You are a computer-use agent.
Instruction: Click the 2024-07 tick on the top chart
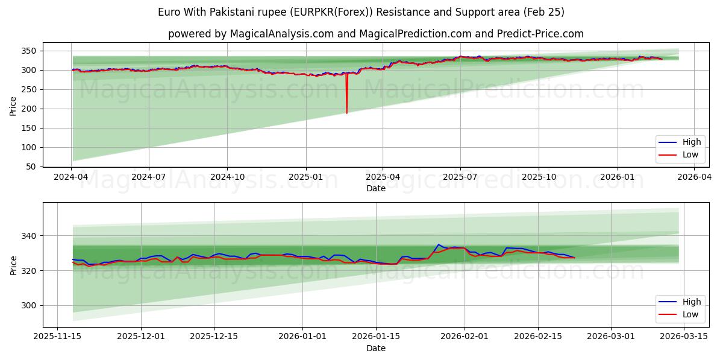click(x=149, y=177)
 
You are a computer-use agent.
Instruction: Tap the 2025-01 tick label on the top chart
click(x=305, y=177)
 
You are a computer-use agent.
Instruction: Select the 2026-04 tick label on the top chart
click(x=695, y=177)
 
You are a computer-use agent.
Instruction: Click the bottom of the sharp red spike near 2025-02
click(x=346, y=113)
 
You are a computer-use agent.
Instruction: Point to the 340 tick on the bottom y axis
click(x=30, y=235)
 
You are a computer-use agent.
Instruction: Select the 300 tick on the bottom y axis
click(x=30, y=305)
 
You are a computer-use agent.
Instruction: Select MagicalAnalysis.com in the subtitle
click(x=281, y=34)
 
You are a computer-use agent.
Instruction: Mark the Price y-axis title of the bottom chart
click(x=13, y=265)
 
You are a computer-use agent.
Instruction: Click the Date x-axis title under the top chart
click(x=375, y=188)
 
